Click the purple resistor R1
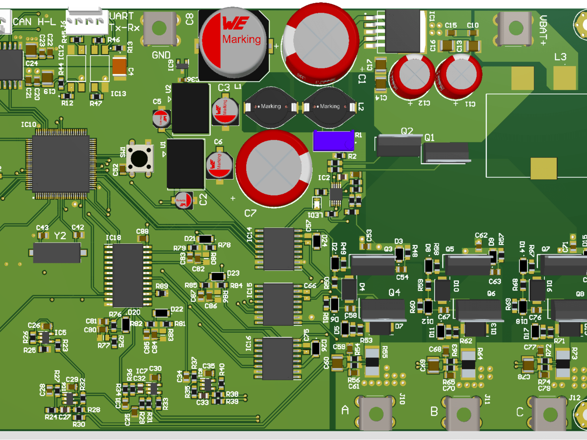[333, 141]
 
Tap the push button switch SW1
[139, 159]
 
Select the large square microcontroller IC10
[61, 164]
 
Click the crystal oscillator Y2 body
[57, 252]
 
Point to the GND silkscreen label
[161, 55]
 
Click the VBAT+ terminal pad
[515, 28]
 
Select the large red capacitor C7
[274, 168]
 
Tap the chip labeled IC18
[128, 275]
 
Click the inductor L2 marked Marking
[329, 106]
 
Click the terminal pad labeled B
[463, 414]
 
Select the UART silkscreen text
[121, 16]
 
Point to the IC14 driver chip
[278, 249]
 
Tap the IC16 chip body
[278, 359]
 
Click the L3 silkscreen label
[560, 57]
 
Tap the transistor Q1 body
[446, 152]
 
